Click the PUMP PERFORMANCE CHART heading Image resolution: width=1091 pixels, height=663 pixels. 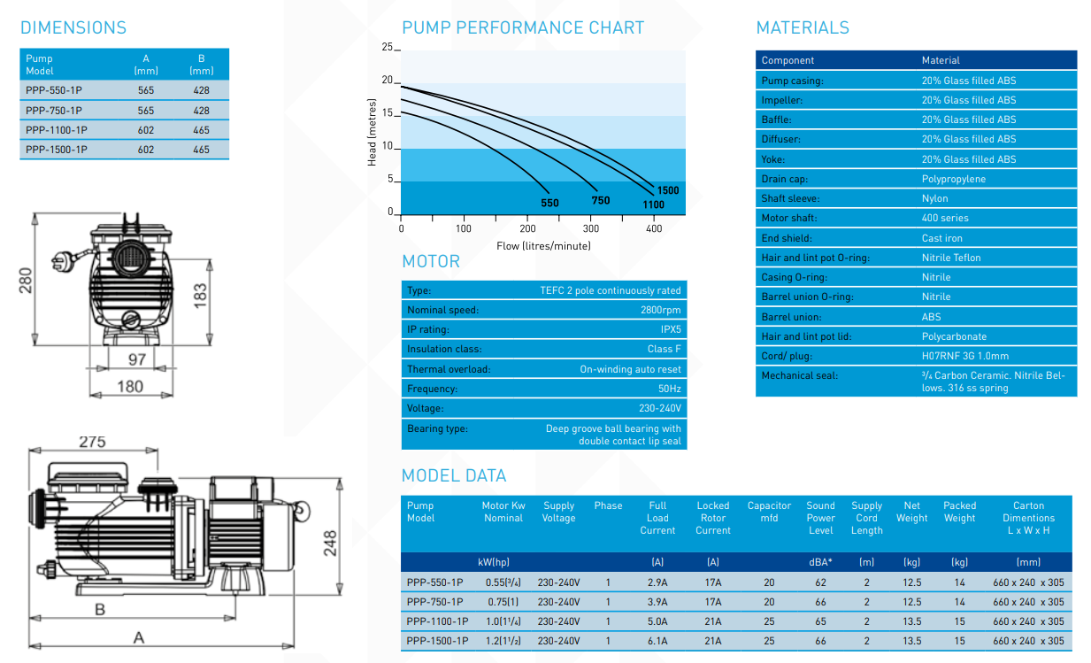523,27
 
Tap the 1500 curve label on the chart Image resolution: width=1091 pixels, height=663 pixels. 668,190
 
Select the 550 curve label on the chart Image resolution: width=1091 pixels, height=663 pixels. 549,203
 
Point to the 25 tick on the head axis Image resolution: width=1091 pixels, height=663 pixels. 387,47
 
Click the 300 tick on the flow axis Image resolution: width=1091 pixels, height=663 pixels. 591,228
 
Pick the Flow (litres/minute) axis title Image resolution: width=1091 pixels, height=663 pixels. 543,245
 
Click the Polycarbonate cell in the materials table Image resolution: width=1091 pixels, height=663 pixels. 954,336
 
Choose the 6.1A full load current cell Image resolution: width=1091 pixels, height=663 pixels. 657,641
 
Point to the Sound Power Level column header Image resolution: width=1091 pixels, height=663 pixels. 820,518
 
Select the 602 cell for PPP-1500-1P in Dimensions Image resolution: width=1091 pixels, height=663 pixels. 146,150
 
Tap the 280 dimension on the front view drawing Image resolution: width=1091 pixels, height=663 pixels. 27,280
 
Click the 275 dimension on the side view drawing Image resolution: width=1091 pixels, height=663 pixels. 92,442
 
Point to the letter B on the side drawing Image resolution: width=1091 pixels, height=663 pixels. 100,609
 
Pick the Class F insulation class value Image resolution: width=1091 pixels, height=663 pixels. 664,349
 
